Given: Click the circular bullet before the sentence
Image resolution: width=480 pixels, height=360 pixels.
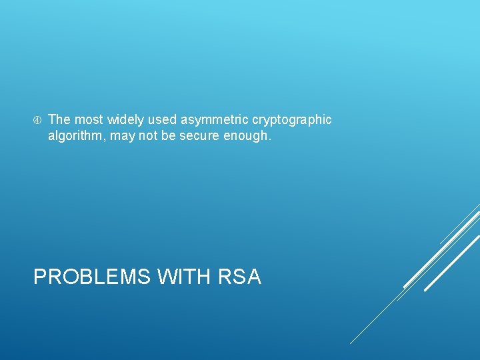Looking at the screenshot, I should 37,120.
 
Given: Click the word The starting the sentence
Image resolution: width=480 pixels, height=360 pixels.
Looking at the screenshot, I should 59,119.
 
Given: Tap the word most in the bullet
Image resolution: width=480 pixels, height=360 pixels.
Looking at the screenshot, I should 88,119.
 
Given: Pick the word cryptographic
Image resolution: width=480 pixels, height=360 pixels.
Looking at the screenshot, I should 292,120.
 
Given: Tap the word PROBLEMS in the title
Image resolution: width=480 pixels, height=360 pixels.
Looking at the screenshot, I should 91,276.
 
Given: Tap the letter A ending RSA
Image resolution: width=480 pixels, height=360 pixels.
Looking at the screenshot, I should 253,276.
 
